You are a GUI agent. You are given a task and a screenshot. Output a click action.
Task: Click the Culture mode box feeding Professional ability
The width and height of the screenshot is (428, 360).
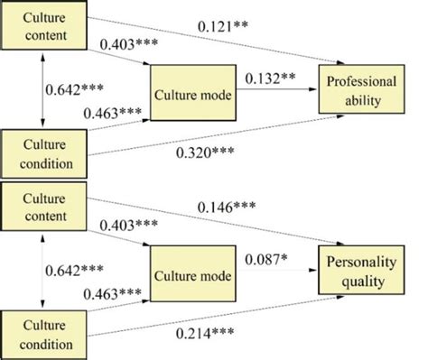pos(191,92)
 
